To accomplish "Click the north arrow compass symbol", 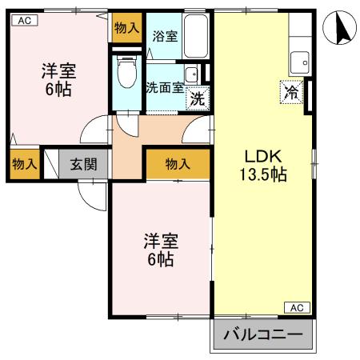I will coord(339,31).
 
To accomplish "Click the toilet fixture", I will coord(126,74).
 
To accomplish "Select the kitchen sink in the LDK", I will coord(300,60).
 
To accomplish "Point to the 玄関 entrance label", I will coord(83,165).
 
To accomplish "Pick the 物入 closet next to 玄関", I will coord(24,165).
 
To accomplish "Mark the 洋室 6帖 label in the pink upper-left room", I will coord(58,79).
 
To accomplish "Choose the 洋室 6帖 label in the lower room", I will coord(160,249).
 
